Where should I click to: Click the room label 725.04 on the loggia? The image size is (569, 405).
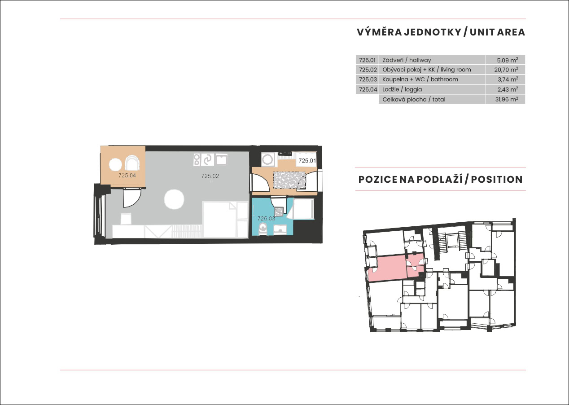(127, 175)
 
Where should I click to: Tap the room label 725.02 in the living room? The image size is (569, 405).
(210, 176)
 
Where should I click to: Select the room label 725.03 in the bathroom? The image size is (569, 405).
(266, 218)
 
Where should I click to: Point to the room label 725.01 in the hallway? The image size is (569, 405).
(307, 161)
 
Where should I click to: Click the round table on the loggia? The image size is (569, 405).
(115, 164)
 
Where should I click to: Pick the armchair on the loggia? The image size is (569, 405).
(132, 164)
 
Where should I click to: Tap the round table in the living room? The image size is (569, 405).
(174, 199)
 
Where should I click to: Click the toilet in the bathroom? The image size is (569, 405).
(263, 228)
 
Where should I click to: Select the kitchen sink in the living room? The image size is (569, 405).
(221, 159)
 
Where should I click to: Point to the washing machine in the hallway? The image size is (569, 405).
(267, 159)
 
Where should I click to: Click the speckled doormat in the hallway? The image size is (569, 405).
(289, 180)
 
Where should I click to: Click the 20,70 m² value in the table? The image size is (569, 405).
(506, 70)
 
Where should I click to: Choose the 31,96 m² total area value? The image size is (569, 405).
(507, 99)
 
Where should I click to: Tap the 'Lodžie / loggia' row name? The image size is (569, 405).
(402, 89)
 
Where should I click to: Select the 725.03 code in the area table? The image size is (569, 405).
(368, 79)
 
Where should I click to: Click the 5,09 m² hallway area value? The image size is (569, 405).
(508, 60)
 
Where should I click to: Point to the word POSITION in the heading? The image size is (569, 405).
(497, 180)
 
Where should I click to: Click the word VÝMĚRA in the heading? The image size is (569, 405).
(379, 32)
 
